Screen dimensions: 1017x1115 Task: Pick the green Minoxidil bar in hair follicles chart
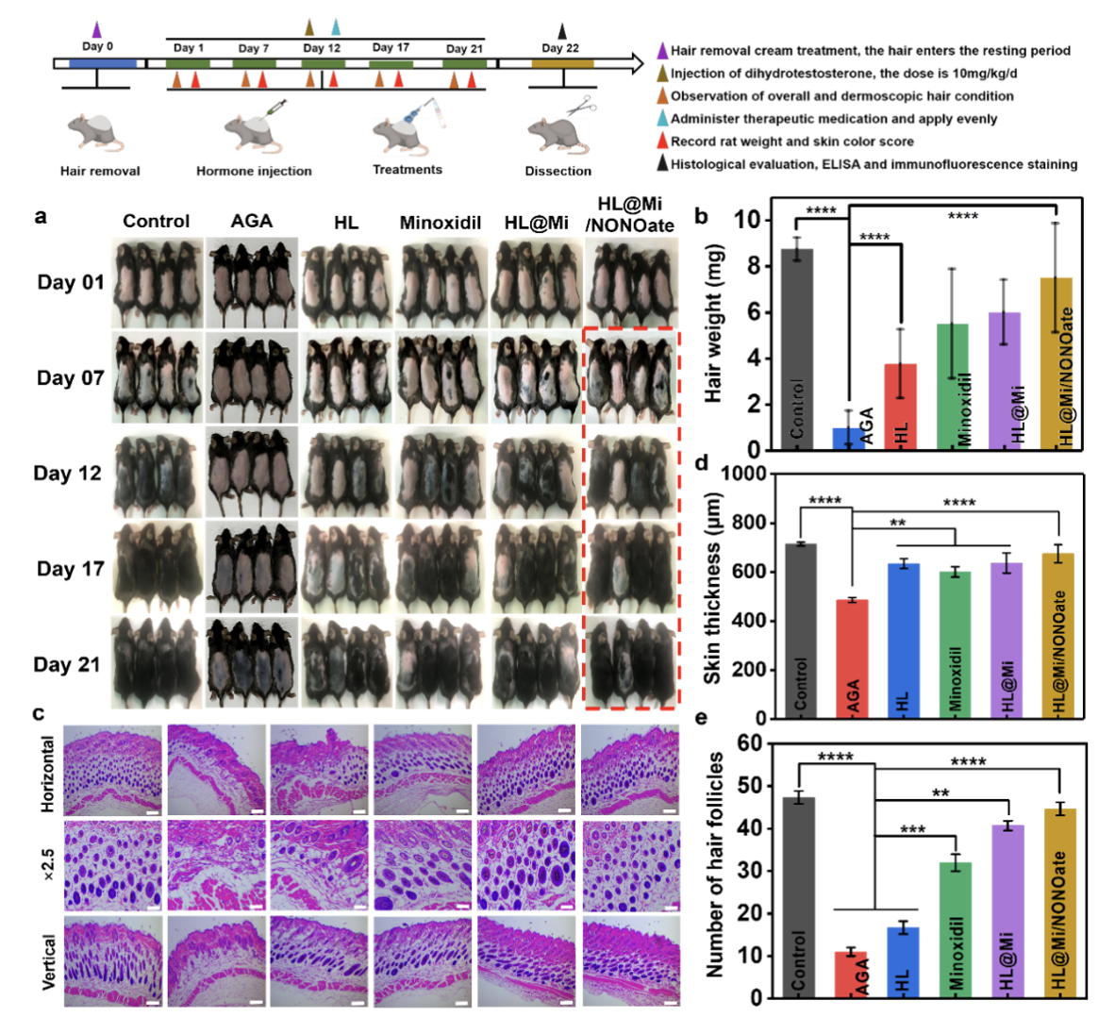click(x=956, y=929)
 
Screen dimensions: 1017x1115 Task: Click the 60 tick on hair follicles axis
click(x=750, y=743)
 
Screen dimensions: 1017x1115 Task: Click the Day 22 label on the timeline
click(x=560, y=48)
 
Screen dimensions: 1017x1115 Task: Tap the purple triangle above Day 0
click(x=97, y=30)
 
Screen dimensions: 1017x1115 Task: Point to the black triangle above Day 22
click(x=562, y=30)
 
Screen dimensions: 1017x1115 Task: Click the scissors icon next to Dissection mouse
click(x=584, y=106)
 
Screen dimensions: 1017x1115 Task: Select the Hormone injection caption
click(x=254, y=171)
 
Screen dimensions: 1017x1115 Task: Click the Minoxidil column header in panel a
click(x=441, y=223)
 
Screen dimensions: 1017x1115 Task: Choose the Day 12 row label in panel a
click(x=67, y=474)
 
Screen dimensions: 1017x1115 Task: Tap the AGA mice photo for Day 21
click(x=251, y=663)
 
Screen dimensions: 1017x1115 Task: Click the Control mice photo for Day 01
click(x=156, y=282)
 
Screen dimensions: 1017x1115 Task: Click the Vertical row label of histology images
click(x=48, y=961)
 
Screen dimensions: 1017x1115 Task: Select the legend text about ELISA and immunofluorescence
click(x=874, y=164)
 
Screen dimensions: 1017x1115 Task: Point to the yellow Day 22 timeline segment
click(x=562, y=64)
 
